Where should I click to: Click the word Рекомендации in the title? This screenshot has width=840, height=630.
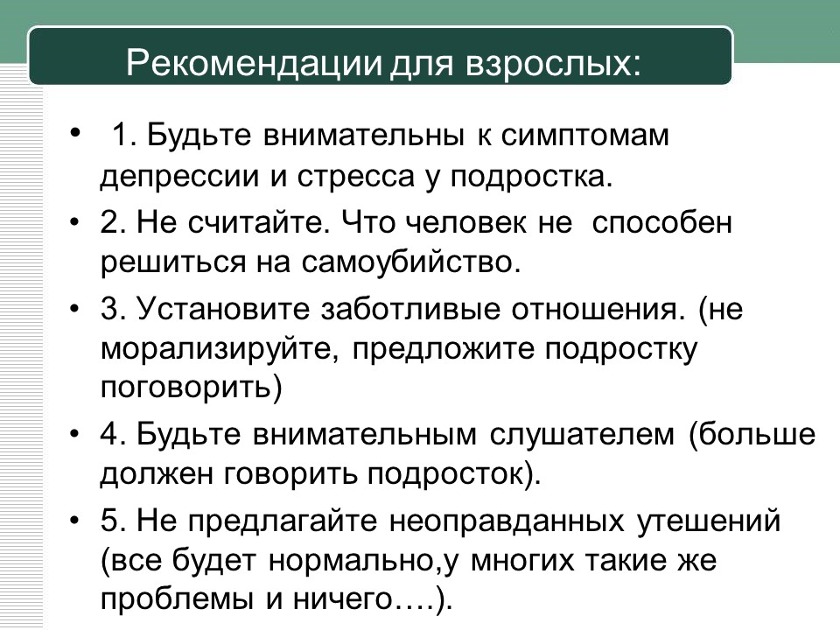tap(255, 63)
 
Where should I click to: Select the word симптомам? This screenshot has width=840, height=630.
tap(585, 135)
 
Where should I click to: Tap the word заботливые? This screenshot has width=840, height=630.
tap(410, 309)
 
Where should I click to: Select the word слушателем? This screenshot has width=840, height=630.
tap(582, 435)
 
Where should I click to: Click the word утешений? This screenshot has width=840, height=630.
tap(708, 521)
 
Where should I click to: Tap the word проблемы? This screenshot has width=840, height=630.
tap(176, 600)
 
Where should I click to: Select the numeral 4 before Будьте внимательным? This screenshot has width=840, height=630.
tap(109, 434)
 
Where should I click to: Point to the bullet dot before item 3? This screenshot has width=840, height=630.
tap(75, 310)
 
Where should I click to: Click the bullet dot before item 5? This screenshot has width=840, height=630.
tap(75, 521)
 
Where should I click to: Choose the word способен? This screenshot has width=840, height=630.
tap(661, 221)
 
